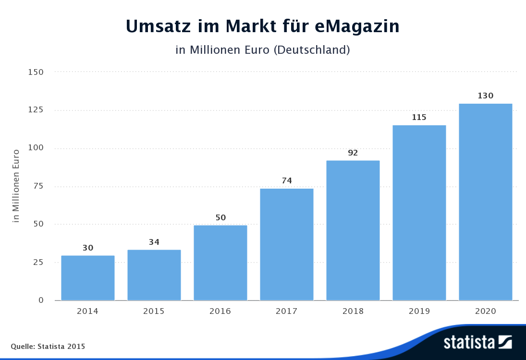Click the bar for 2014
click(88, 278)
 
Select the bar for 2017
click(287, 244)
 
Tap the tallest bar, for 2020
click(486, 202)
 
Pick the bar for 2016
click(220, 263)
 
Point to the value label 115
click(419, 117)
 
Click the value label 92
click(353, 153)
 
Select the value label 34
click(154, 242)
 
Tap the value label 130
click(486, 96)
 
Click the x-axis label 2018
click(353, 311)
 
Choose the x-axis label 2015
click(154, 311)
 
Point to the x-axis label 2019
click(419, 311)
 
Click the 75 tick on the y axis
click(38, 186)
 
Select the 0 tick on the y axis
click(41, 300)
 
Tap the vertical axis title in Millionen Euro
click(16, 186)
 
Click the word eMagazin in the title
click(357, 26)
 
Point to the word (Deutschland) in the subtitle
click(311, 49)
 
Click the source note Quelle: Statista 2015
click(48, 346)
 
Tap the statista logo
click(477, 342)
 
